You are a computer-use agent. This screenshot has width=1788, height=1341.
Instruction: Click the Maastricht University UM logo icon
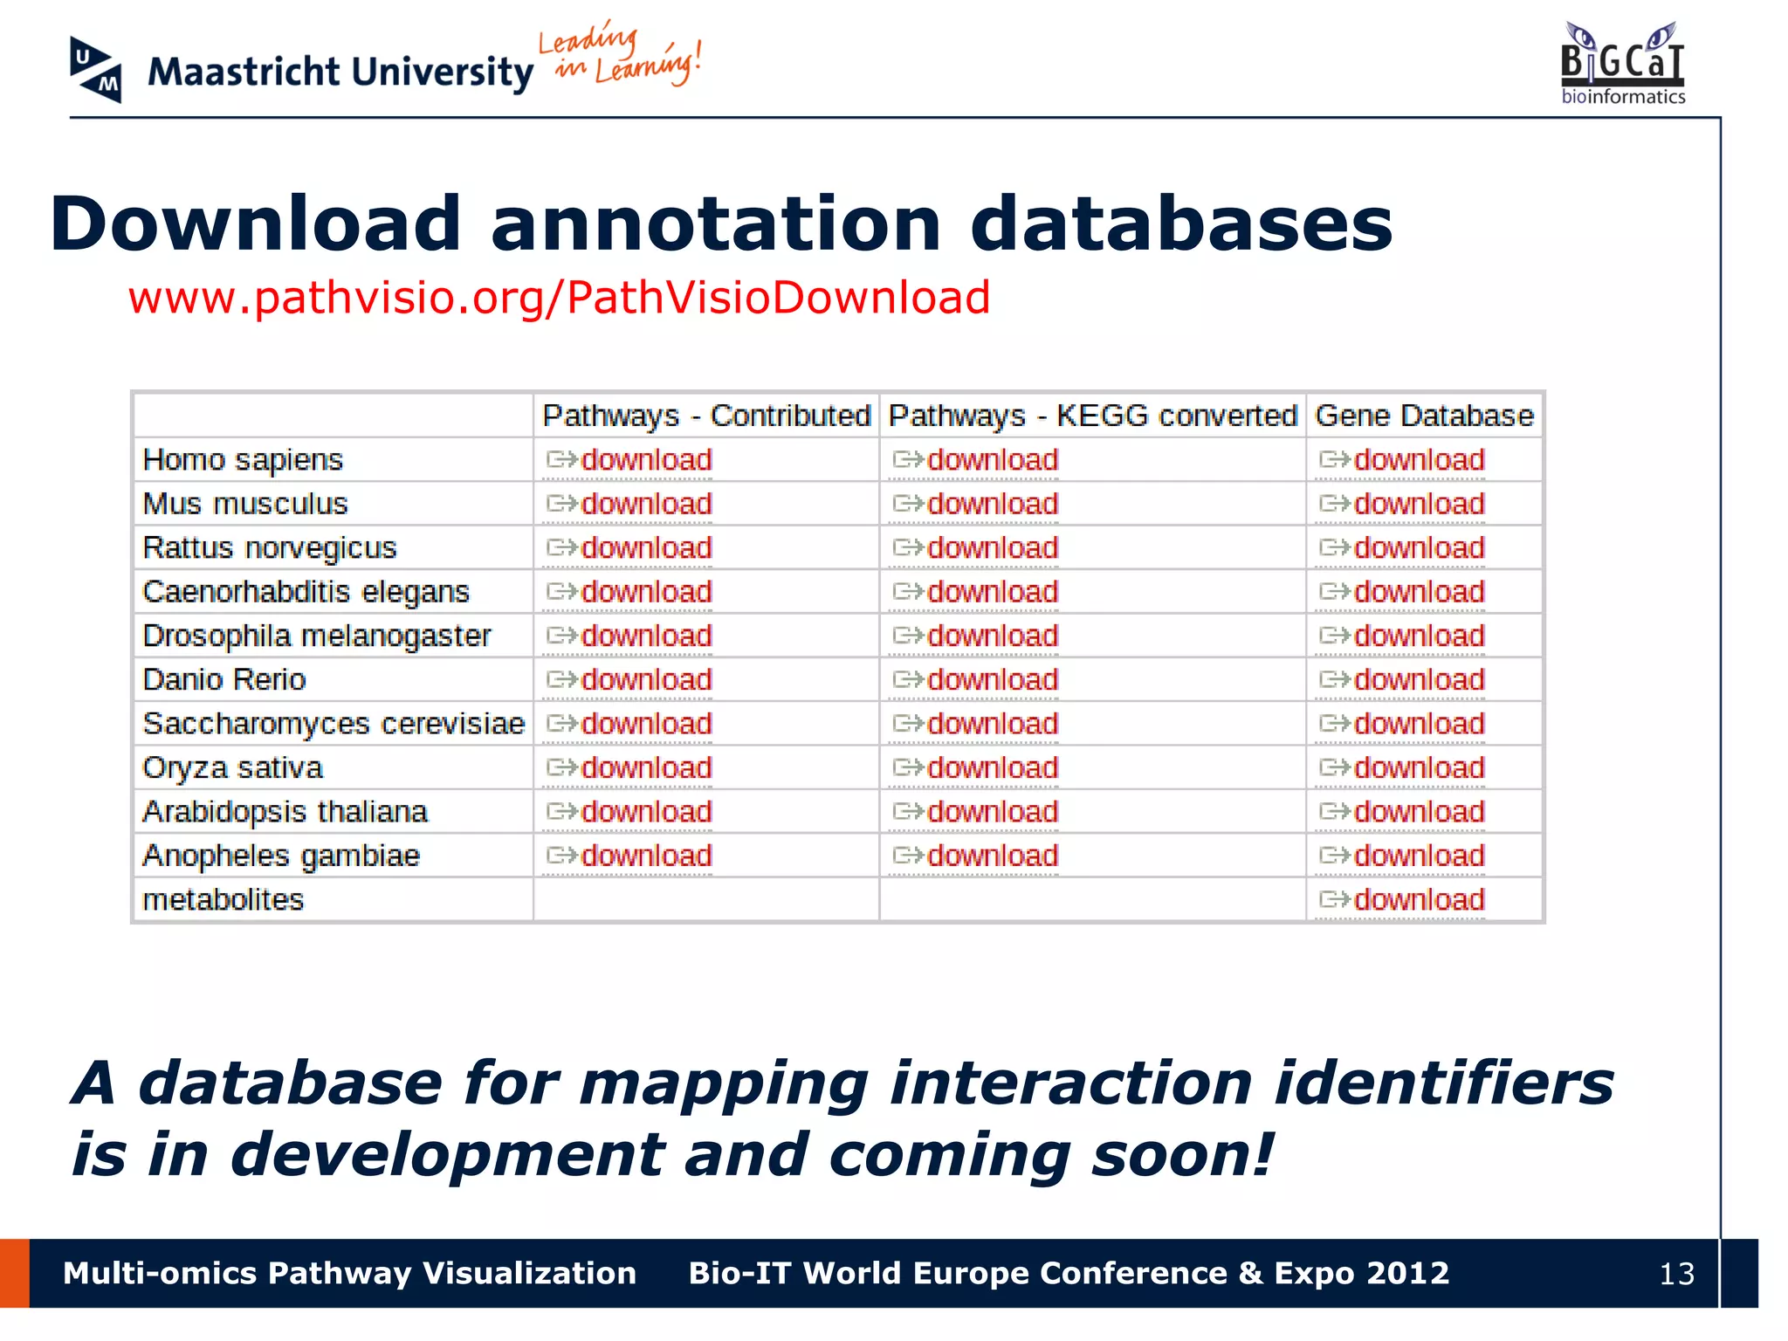coord(95,70)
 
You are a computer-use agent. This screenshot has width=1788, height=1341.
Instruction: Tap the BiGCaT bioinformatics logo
coord(1622,64)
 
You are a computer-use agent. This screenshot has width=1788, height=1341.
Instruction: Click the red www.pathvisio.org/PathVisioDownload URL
coord(559,298)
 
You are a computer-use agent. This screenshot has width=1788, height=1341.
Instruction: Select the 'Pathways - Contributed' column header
coord(706,416)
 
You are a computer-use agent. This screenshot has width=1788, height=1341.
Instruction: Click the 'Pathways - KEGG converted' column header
coord(1092,416)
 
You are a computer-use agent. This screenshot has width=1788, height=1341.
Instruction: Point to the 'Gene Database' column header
coord(1424,416)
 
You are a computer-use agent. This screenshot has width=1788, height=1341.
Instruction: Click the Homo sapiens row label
coord(243,460)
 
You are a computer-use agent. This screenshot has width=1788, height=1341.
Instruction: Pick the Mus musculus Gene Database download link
coord(1418,504)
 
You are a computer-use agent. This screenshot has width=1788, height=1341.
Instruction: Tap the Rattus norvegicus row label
coord(269,548)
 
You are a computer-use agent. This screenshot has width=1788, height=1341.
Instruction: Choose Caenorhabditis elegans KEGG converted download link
coord(992,592)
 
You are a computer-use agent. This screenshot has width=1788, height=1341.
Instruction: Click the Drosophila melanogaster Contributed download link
coord(645,636)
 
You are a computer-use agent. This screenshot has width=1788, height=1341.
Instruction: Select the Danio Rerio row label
coord(224,680)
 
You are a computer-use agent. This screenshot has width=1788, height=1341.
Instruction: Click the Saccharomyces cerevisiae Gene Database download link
coord(1418,724)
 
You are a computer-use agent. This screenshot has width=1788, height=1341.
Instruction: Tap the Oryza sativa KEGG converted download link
coord(992,767)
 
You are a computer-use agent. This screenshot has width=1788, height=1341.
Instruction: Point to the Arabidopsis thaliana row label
coord(285,812)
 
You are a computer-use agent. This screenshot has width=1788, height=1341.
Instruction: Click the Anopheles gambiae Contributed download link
coord(645,856)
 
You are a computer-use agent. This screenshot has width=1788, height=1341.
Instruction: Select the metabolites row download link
coord(1418,899)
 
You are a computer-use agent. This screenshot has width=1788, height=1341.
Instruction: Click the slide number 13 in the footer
coord(1676,1274)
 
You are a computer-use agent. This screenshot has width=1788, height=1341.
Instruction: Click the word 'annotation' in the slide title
coord(716,224)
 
